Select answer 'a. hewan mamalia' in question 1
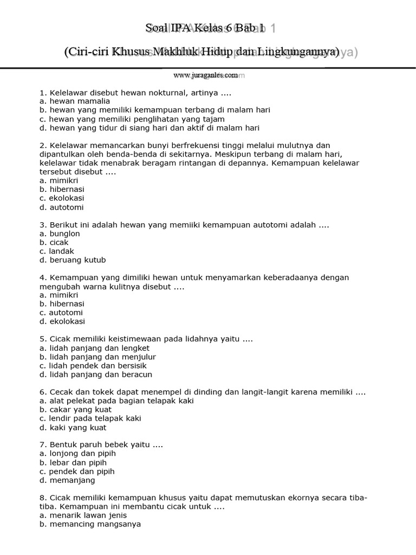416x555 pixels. (75, 101)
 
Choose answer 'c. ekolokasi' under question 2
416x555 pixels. (62, 198)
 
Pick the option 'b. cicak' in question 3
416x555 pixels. (54, 242)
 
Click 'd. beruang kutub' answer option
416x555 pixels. (73, 260)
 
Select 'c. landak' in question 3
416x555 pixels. (57, 251)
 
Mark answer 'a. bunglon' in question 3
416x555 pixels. (60, 234)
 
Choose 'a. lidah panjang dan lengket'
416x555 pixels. (94, 348)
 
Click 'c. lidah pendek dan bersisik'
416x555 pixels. (93, 366)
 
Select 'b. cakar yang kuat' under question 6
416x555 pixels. (74, 410)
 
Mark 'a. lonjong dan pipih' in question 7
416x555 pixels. (78, 454)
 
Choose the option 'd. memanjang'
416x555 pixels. (67, 480)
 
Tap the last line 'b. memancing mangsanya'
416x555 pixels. (90, 524)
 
